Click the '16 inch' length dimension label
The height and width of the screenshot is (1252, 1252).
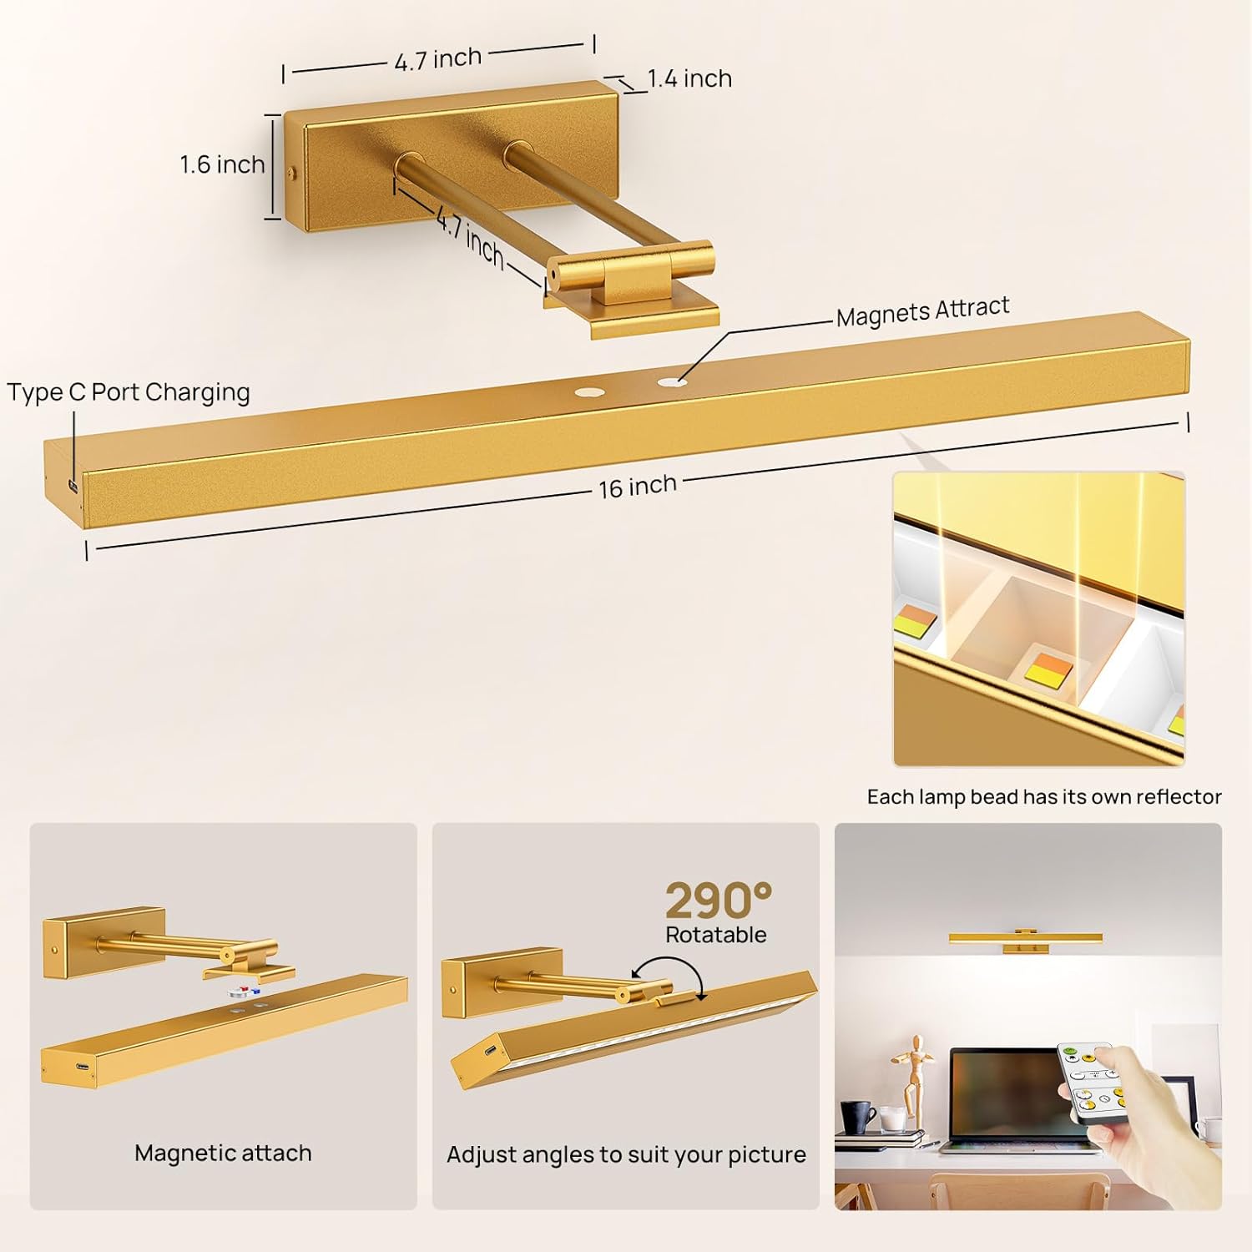[637, 486]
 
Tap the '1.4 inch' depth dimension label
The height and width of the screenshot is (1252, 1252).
[689, 78]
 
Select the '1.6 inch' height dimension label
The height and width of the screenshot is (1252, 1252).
[222, 164]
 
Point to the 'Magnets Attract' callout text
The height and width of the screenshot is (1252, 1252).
[922, 311]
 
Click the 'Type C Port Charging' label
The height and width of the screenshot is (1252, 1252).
[129, 392]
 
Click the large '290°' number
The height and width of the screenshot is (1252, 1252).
[718, 901]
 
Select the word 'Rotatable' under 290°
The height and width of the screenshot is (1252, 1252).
[715, 935]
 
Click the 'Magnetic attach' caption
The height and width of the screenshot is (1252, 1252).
[223, 1153]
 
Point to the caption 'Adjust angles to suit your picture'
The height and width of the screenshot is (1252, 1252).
[626, 1154]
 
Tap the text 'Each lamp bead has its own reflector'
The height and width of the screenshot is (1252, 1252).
[1044, 796]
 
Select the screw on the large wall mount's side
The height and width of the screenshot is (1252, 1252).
[290, 173]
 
